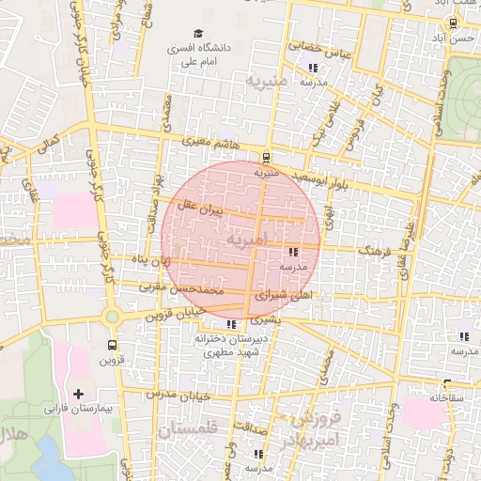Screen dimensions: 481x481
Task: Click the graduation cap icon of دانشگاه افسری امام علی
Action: point(198,34)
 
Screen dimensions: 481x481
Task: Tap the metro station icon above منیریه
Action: point(267,158)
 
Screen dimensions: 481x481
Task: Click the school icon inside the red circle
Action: point(293,252)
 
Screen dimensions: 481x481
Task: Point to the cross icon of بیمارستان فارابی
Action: point(78,394)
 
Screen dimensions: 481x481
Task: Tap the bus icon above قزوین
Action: point(113,345)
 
